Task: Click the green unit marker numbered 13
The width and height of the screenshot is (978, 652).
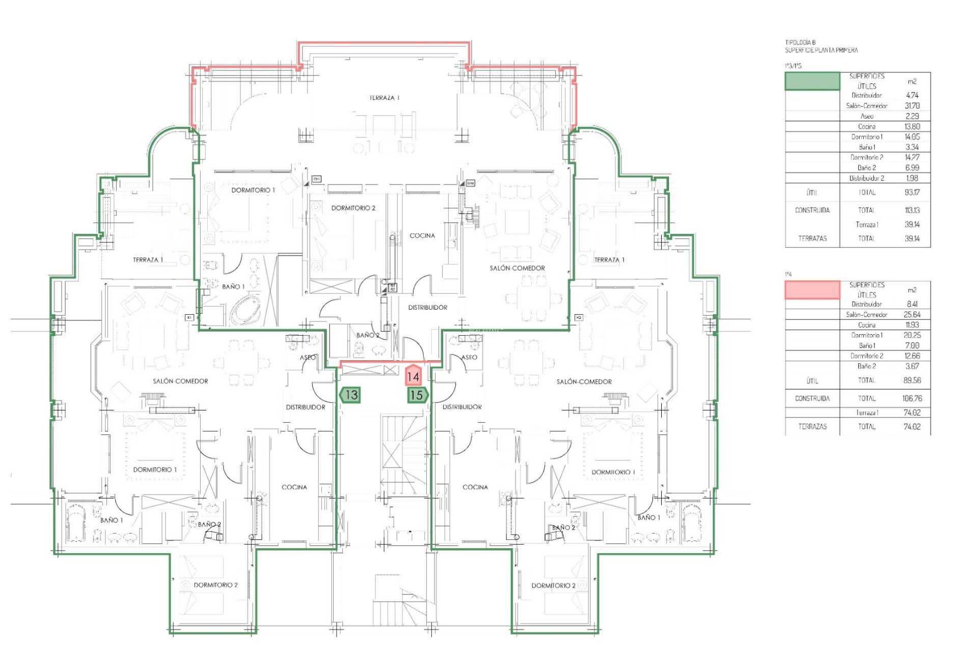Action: pos(350,395)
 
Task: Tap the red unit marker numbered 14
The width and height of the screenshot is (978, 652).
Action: pos(413,376)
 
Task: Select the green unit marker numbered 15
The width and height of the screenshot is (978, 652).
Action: pos(417,395)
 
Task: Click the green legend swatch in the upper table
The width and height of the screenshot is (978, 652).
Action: pos(812,81)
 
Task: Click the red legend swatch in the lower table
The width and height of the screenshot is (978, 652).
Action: pos(812,289)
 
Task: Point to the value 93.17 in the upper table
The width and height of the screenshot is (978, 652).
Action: pos(912,193)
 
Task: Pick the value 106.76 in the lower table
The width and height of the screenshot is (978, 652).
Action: pos(911,398)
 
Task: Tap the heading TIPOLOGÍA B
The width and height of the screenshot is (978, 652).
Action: pos(800,43)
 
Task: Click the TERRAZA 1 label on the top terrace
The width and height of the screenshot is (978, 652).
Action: pos(385,97)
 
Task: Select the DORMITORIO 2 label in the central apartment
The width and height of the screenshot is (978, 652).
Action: pos(353,208)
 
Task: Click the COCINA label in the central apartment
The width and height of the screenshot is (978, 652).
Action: pos(422,235)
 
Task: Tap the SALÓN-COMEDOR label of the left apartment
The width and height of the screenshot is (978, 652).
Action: pos(180,381)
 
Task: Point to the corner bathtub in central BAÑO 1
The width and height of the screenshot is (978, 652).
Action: pos(244,311)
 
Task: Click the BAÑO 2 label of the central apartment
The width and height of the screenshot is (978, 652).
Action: pos(367,335)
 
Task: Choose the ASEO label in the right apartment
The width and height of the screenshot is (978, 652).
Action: pos(469,357)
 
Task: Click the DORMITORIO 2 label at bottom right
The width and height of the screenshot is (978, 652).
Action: pos(553,585)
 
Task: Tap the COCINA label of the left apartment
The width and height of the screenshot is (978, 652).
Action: pos(294,487)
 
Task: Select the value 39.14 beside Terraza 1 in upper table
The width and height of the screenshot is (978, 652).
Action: pos(912,224)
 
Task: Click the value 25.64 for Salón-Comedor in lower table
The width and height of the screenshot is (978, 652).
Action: pos(912,314)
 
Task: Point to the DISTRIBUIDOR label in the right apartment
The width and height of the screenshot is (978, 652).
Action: pos(462,406)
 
